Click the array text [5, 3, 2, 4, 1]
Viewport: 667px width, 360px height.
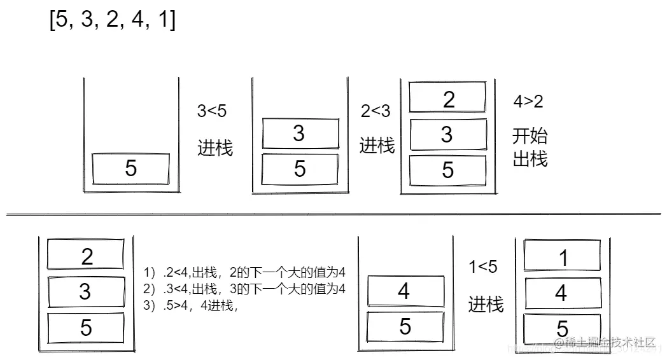113,21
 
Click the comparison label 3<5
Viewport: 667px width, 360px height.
211,111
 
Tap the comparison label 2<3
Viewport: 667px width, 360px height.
376,111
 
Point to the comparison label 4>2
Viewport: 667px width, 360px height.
528,101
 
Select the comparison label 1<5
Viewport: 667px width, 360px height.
483,268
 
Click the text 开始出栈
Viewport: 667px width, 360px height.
530,147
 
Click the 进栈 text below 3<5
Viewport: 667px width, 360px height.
215,148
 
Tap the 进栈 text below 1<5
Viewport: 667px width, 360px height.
486,304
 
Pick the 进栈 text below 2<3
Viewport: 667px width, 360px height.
377,145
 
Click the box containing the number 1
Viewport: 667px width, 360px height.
562,256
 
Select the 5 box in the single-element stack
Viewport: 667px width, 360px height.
131,168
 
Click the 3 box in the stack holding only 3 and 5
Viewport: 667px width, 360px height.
299,134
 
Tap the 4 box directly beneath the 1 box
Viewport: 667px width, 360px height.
561,293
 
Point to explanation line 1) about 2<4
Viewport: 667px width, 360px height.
244,272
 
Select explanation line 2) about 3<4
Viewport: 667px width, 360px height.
244,289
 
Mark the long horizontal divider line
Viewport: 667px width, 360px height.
333,214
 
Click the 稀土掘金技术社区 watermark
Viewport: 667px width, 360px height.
604,343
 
